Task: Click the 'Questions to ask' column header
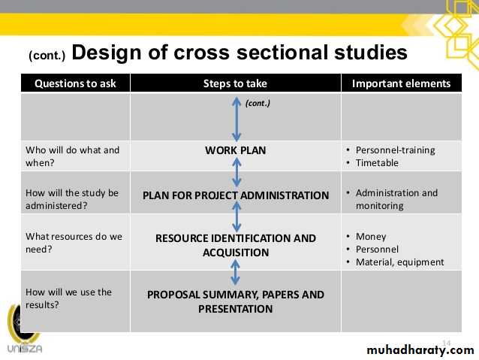coord(75,83)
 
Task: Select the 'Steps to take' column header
coord(235,83)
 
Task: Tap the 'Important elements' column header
coord(401,83)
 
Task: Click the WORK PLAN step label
coord(236,150)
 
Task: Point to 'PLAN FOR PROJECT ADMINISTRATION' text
coord(236,195)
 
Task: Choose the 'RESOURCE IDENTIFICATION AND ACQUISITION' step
coord(236,245)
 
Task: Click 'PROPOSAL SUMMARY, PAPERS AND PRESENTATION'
coord(236,301)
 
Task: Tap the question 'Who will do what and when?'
coord(72,156)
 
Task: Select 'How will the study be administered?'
coord(72,199)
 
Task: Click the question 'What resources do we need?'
coord(74,243)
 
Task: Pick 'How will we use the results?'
coord(69,298)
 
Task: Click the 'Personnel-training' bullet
coord(396,150)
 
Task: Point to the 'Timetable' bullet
coord(377,163)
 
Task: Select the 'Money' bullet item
coord(371,237)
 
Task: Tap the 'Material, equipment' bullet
coord(400,262)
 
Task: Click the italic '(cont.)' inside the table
coord(258,104)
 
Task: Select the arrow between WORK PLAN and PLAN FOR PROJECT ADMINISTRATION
coord(236,172)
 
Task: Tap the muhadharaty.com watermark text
coord(420,349)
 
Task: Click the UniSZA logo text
coord(25,349)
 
